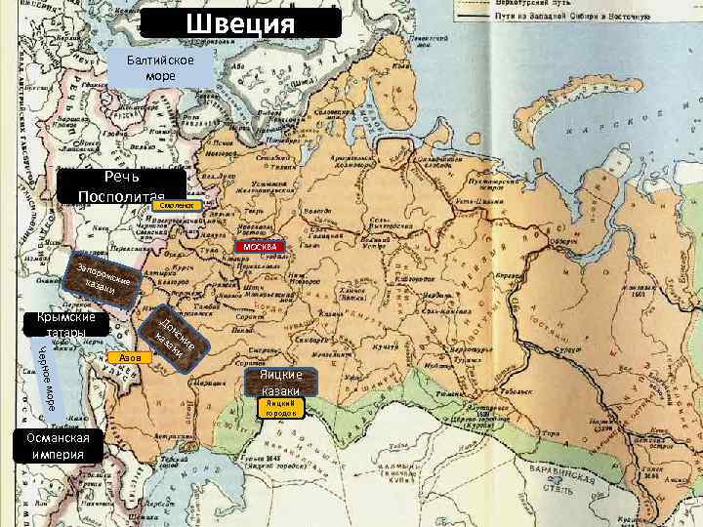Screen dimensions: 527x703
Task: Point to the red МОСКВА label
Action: point(259,246)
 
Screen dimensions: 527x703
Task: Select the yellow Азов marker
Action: point(130,358)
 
